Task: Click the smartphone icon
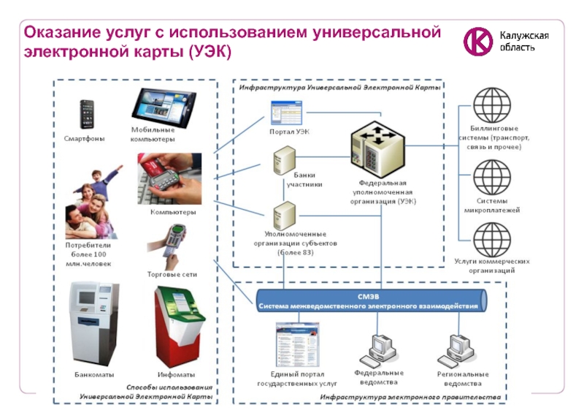click(x=86, y=114)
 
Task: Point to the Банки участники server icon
click(x=283, y=160)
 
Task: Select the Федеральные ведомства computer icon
click(x=379, y=349)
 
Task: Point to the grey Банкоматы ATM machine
click(x=93, y=322)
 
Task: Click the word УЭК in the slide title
click(x=210, y=52)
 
